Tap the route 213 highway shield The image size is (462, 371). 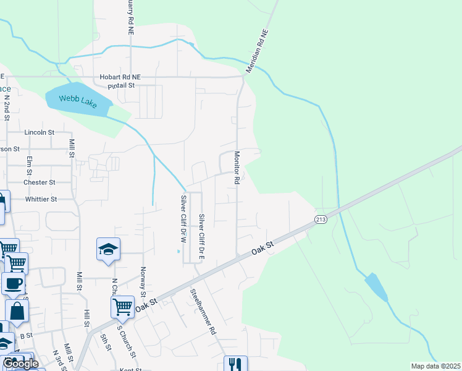(x=321, y=220)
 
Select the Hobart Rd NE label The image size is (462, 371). (x=120, y=77)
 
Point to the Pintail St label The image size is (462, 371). (x=121, y=85)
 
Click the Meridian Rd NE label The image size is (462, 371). (x=258, y=51)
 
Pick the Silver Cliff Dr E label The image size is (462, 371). (x=201, y=236)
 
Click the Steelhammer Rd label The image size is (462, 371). (x=203, y=312)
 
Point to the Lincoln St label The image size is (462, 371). (x=40, y=132)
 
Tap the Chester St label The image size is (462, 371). (x=39, y=182)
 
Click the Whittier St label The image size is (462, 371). (x=41, y=199)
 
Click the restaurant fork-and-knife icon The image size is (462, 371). (x=235, y=364)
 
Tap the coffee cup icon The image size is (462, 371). (x=14, y=284)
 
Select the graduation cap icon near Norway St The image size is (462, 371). (x=109, y=249)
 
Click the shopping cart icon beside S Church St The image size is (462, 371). (x=122, y=306)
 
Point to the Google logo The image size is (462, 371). (x=20, y=364)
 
